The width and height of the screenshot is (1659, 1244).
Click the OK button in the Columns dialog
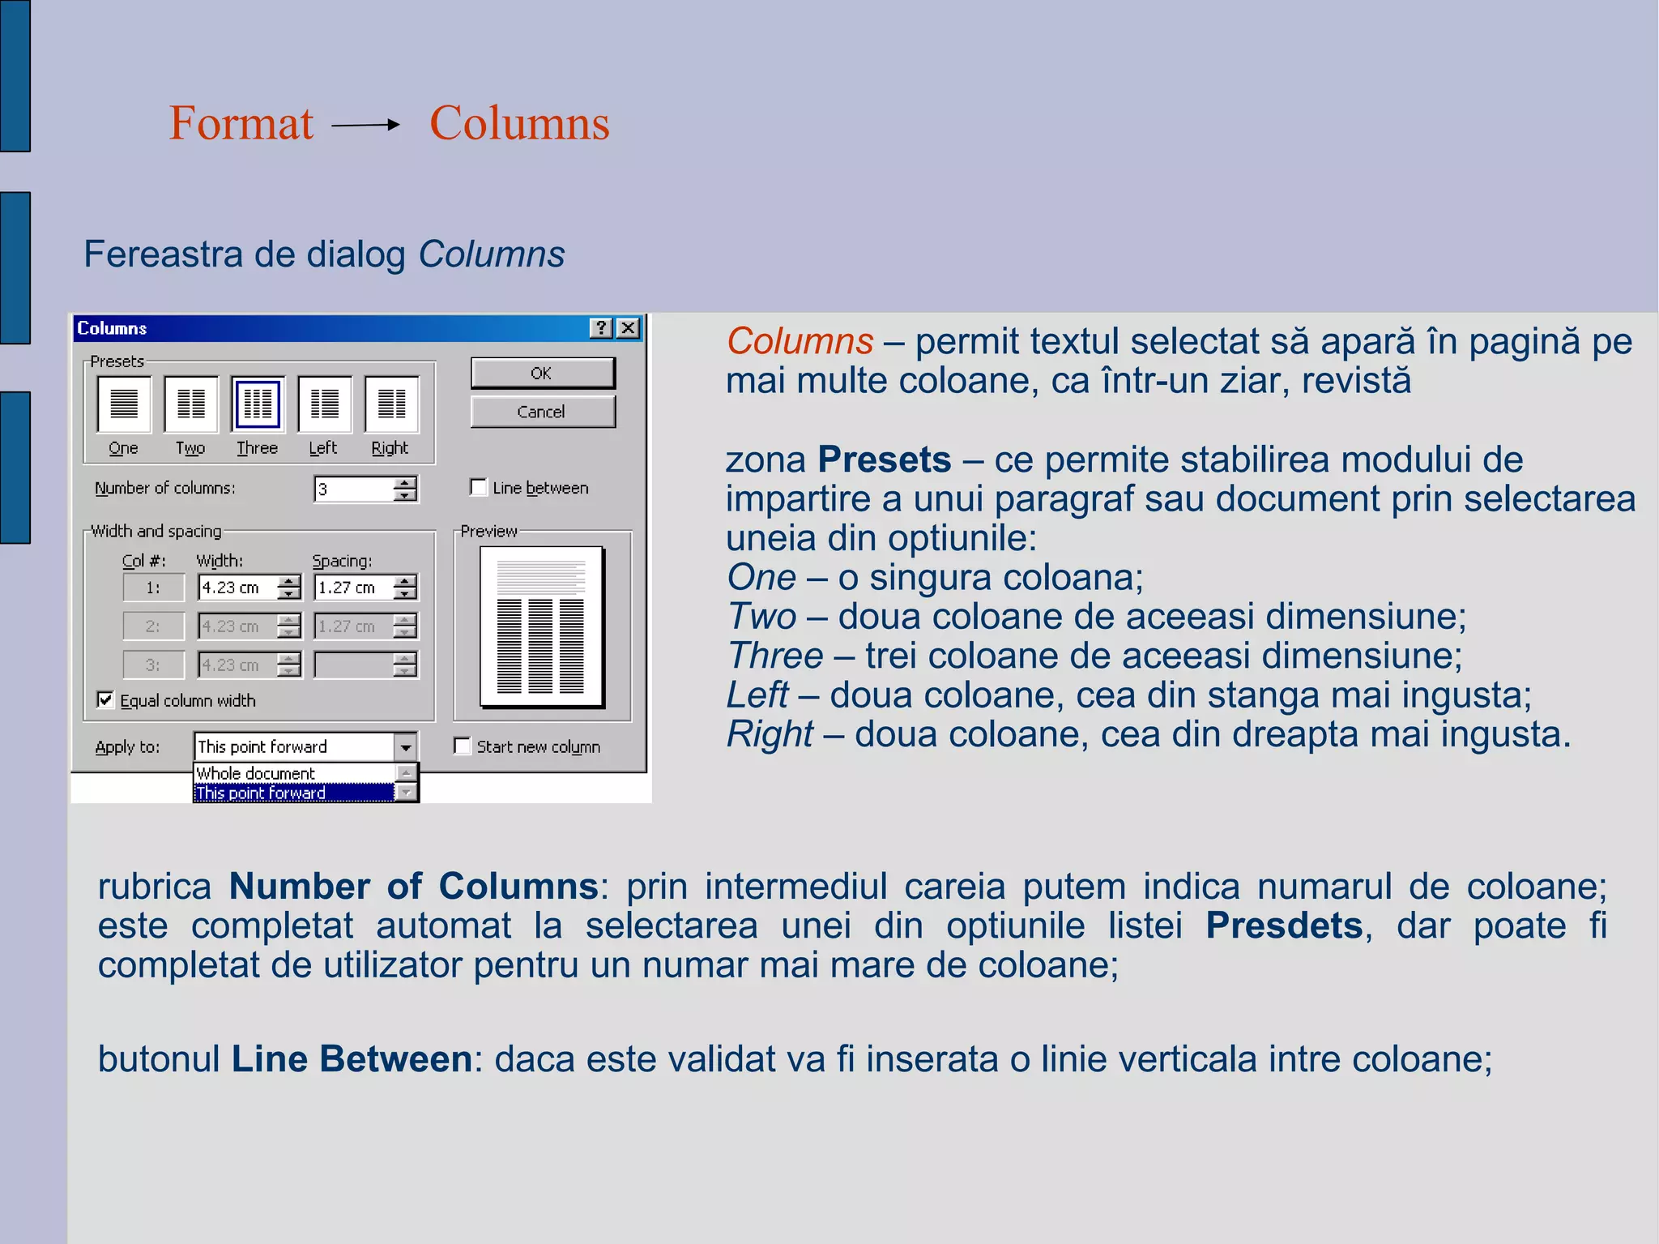tap(542, 374)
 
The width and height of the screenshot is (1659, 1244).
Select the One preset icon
tap(124, 404)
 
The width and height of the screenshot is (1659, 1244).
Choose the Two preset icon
tap(191, 404)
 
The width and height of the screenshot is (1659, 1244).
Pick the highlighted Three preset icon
tap(258, 404)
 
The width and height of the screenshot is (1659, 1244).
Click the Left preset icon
tap(325, 404)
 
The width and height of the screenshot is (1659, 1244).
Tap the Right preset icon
tap(391, 404)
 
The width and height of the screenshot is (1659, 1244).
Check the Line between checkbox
tap(479, 487)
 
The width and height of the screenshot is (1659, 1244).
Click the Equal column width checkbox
tap(105, 699)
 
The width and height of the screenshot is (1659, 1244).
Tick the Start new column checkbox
tap(463, 746)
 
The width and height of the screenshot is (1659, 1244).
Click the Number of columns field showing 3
tap(354, 489)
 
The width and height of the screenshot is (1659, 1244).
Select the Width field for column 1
tap(238, 588)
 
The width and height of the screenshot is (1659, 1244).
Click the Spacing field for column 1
tap(354, 588)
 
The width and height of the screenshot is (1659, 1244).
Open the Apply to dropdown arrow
tap(406, 746)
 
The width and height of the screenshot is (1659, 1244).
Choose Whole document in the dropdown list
tap(256, 773)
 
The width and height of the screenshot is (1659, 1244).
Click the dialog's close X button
tap(628, 328)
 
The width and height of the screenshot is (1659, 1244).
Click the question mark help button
tap(601, 328)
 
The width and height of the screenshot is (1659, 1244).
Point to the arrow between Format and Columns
tap(366, 125)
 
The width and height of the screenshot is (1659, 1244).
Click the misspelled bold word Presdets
tap(1284, 926)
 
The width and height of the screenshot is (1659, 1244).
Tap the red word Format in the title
tap(241, 123)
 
